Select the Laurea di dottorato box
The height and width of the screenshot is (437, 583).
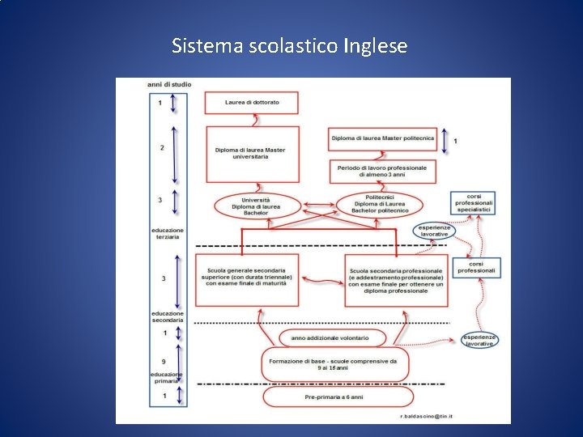[251, 103]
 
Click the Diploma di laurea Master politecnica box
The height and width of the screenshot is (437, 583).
[382, 138]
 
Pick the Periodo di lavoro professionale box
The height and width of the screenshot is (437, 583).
[382, 171]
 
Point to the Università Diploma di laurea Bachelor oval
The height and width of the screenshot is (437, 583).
[256, 206]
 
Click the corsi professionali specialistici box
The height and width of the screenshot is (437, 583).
[474, 202]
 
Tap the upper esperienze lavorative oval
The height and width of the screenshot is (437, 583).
[434, 231]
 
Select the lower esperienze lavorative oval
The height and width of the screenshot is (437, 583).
[479, 341]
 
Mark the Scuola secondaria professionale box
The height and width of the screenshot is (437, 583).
[396, 280]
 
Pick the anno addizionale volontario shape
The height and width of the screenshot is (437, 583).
[330, 337]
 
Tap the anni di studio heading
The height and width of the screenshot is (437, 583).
[164, 84]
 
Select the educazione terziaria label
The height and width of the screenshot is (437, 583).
[168, 234]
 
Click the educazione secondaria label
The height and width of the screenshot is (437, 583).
[168, 316]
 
